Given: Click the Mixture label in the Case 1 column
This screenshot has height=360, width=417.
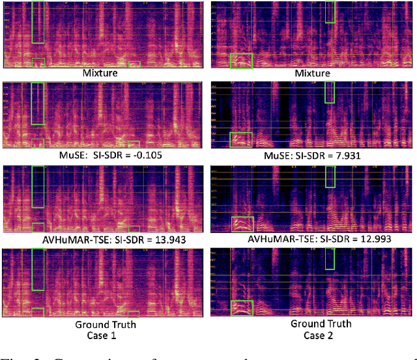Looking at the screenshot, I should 100,73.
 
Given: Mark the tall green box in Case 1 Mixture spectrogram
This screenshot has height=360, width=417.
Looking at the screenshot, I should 38,22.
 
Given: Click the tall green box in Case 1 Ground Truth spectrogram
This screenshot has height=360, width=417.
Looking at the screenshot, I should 38,270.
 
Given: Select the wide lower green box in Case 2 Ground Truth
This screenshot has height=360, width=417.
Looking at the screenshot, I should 242,307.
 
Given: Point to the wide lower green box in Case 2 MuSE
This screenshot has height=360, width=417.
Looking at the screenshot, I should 242,139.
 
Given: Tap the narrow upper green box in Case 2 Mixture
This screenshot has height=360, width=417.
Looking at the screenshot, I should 330,12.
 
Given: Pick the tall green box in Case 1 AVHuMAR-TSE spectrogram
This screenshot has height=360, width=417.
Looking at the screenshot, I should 38,187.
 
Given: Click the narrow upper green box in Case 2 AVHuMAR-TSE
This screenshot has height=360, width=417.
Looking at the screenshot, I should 330,176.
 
